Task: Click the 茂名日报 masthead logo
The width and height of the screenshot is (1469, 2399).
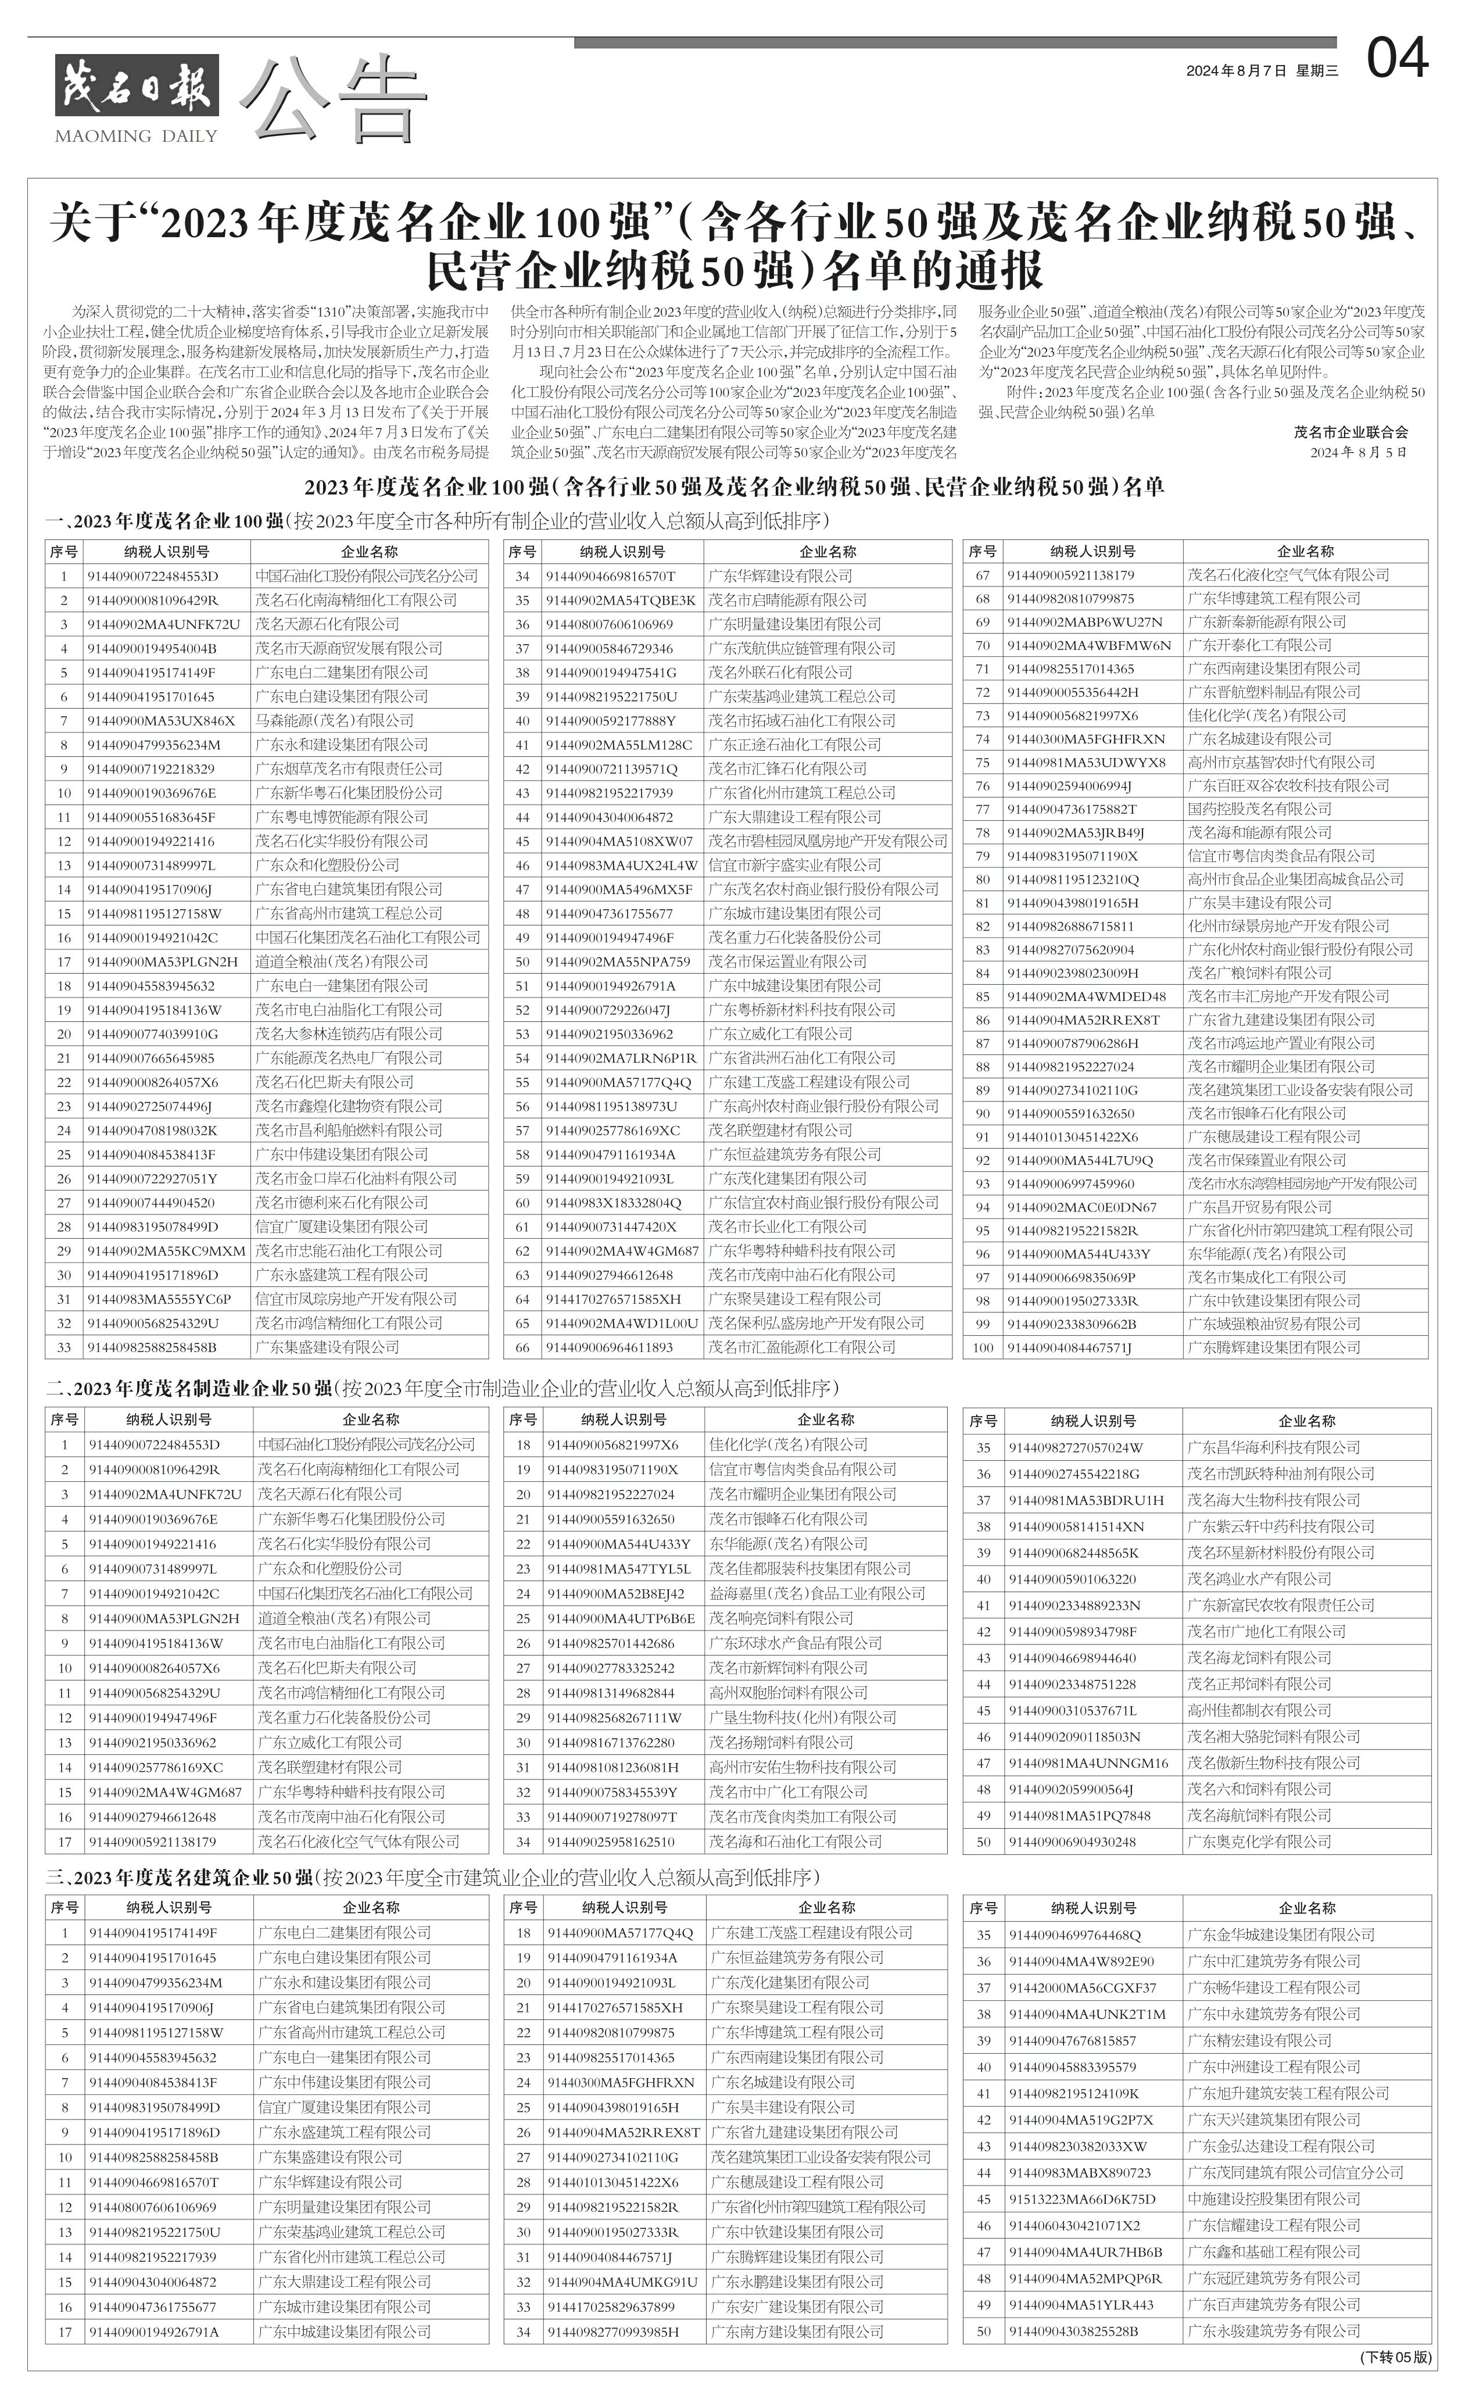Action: click(137, 85)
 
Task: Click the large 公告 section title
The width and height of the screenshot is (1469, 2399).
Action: click(334, 97)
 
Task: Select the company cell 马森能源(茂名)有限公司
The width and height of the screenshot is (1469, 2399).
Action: click(335, 720)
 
